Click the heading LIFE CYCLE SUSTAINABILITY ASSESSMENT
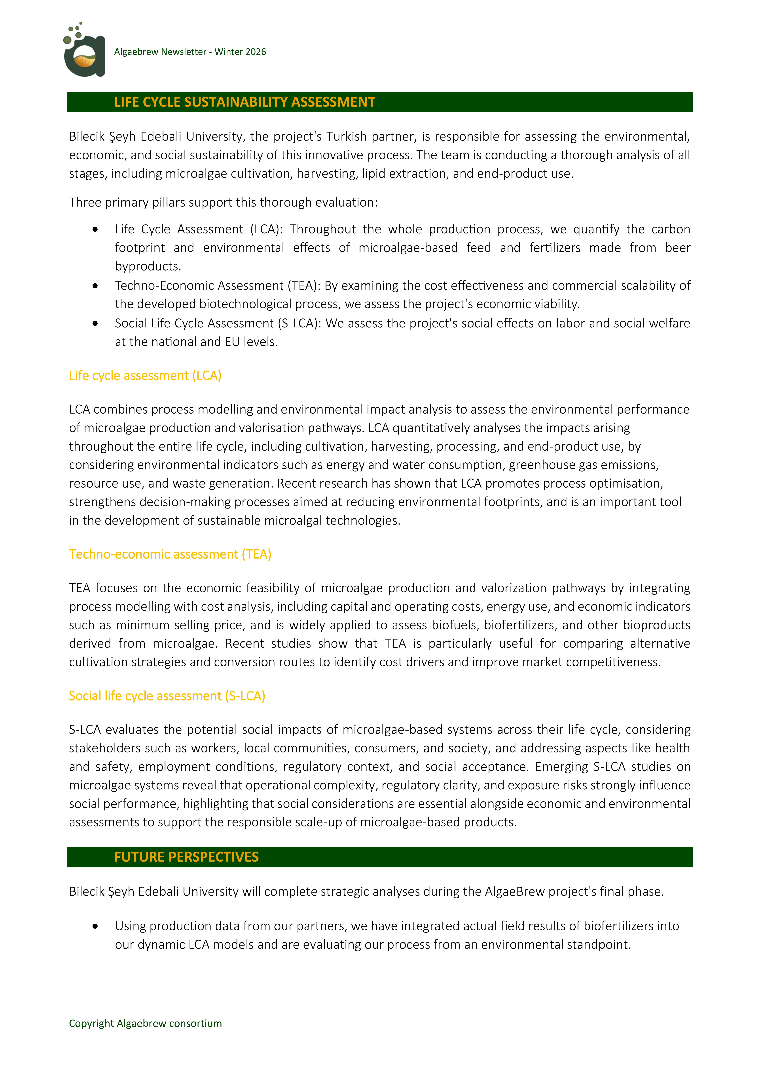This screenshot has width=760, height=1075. (244, 102)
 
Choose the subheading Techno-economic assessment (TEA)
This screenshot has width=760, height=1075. (170, 554)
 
